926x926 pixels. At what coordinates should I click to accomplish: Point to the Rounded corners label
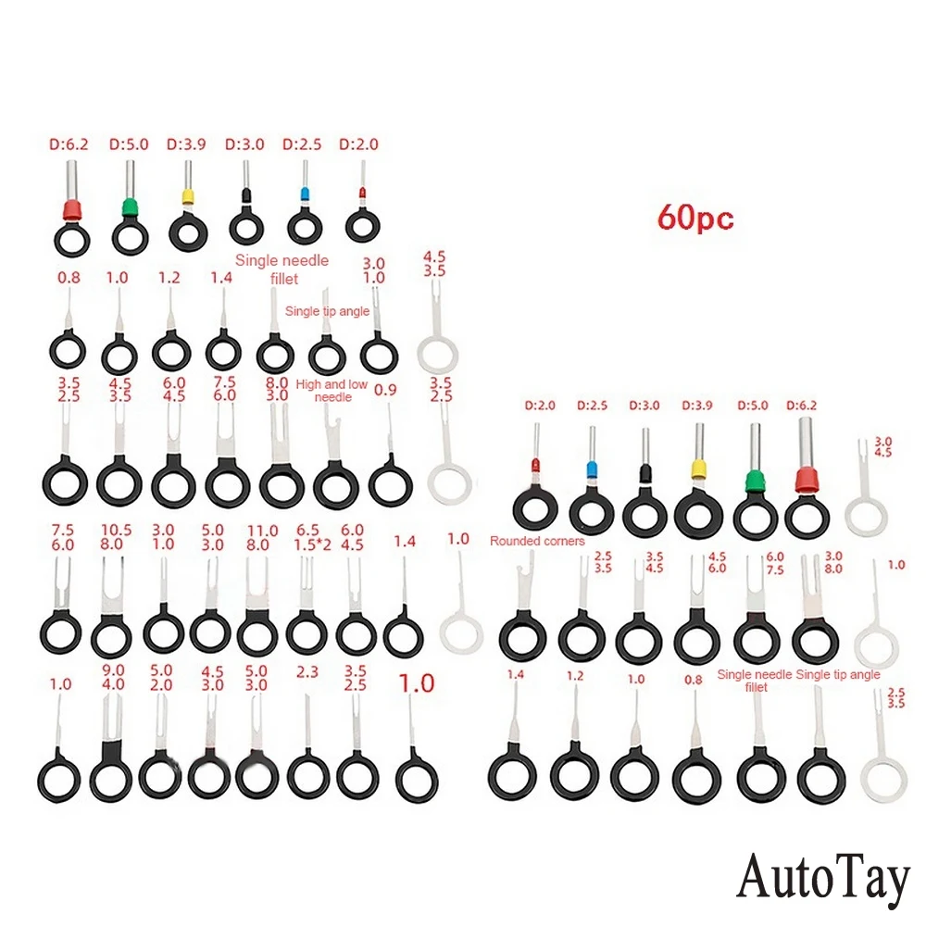tap(537, 541)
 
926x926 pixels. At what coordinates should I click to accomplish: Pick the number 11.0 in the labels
tap(262, 530)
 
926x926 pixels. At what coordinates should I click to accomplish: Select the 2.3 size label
tap(307, 670)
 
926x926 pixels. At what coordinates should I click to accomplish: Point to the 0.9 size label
tap(385, 391)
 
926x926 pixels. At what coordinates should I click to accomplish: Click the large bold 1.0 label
tap(416, 683)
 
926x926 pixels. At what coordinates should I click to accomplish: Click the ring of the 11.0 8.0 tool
tap(257, 634)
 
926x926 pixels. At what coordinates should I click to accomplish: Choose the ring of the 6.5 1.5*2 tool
tap(307, 632)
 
